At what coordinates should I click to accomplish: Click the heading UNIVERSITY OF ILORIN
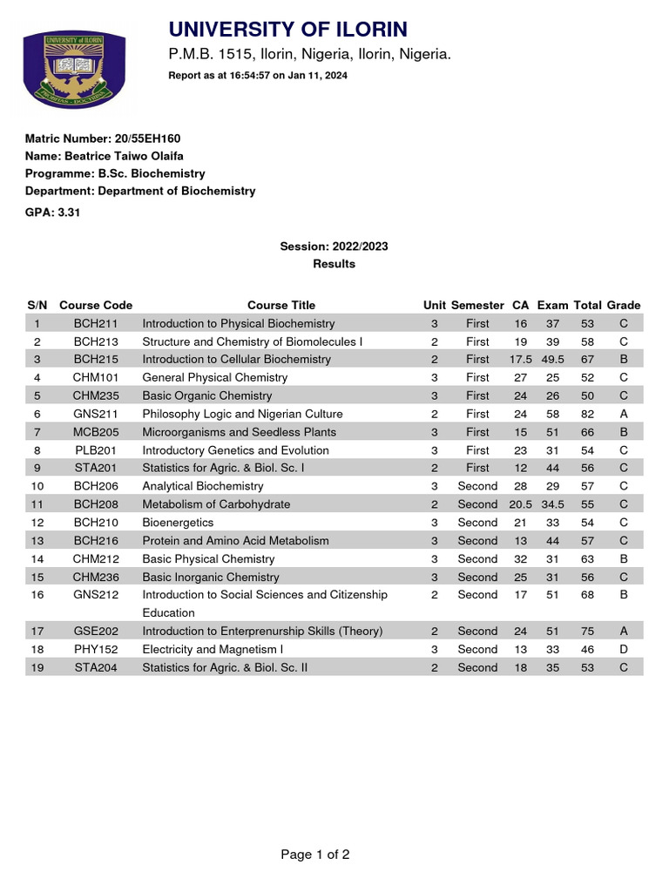(287, 29)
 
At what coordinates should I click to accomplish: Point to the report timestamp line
(257, 76)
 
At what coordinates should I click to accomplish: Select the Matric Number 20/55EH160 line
(103, 139)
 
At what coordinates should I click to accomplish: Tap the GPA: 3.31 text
(52, 212)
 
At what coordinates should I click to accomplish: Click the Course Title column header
(281, 305)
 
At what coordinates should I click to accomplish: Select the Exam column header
(552, 305)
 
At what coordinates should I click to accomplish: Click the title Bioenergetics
(178, 523)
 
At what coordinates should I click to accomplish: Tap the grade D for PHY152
(623, 650)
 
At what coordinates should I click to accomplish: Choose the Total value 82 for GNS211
(587, 414)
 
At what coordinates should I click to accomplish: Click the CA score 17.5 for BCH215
(521, 359)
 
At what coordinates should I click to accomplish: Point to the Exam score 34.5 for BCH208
(552, 504)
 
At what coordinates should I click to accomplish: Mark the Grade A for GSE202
(623, 632)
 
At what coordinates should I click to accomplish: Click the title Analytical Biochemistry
(202, 486)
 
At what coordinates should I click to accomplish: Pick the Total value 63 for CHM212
(587, 559)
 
